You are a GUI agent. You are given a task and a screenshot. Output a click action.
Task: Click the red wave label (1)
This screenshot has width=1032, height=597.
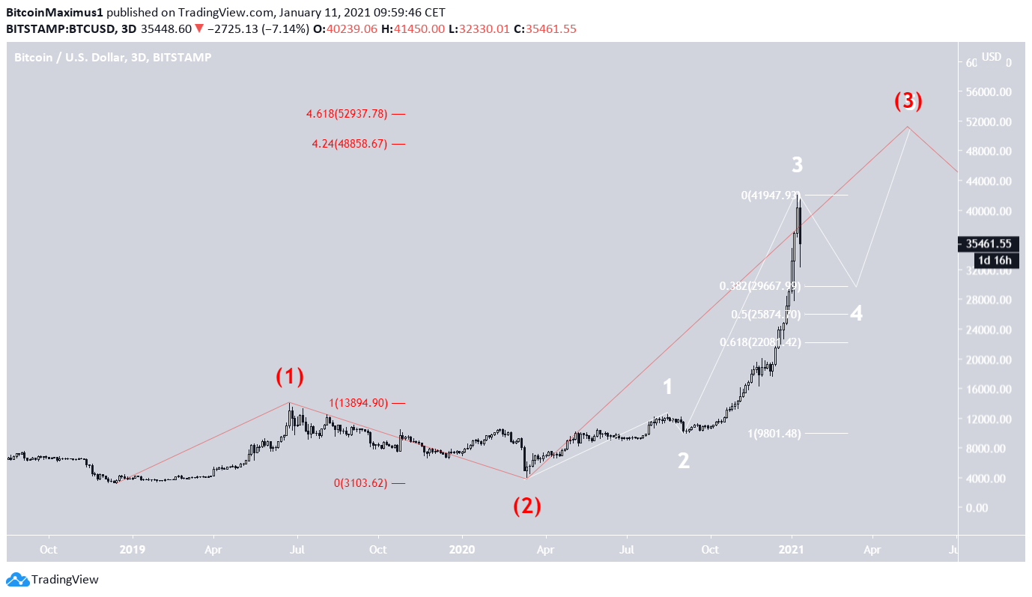[290, 377]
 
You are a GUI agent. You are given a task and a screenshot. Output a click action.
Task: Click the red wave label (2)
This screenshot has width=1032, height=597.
[526, 506]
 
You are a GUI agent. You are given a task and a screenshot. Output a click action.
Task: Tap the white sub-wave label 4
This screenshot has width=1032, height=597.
[856, 314]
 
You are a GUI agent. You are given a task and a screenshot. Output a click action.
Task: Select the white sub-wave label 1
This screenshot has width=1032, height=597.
[667, 387]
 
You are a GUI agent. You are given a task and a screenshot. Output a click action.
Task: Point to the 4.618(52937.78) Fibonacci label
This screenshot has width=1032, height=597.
[347, 114]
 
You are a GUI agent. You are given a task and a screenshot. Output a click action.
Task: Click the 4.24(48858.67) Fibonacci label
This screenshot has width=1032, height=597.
[350, 143]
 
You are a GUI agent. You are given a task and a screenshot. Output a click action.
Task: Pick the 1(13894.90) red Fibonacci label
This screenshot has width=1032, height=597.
[358, 403]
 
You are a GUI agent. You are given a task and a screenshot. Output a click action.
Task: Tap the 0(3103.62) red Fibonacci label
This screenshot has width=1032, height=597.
[360, 483]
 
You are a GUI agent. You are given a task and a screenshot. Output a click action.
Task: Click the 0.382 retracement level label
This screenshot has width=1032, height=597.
[759, 286]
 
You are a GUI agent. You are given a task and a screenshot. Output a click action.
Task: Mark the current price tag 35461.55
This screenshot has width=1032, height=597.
[989, 243]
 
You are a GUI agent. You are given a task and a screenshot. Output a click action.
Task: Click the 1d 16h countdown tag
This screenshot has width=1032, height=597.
[995, 260]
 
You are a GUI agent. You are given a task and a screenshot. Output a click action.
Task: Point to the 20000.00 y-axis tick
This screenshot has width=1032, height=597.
[989, 360]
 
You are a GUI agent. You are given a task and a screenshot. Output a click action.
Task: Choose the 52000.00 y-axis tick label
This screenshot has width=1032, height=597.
[989, 121]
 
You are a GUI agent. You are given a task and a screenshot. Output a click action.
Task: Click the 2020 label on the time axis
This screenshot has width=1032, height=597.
[462, 550]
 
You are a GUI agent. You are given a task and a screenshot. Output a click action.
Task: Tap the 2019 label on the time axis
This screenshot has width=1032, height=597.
[133, 550]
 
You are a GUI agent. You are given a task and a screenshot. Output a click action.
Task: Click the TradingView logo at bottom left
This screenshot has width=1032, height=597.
[52, 579]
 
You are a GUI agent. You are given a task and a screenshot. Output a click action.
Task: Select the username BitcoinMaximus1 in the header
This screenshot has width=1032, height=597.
[54, 13]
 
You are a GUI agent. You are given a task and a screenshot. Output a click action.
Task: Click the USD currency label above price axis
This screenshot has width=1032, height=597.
[992, 57]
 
